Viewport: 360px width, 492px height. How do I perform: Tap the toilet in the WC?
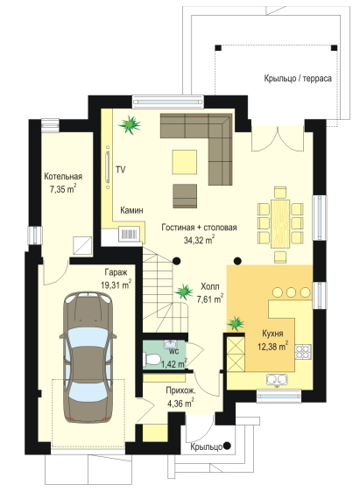point(152,359)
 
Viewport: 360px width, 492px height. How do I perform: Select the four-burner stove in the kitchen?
point(303,352)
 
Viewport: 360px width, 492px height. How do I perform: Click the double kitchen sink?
point(277,379)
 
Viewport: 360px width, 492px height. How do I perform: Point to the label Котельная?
point(63,176)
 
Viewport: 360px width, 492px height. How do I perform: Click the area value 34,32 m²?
point(200,240)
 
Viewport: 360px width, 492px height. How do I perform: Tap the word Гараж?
point(116,272)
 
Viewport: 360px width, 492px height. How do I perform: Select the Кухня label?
point(272,334)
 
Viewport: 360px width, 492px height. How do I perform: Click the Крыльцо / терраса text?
point(298,78)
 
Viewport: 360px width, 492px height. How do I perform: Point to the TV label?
point(121,170)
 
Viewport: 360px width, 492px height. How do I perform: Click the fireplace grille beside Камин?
point(130,234)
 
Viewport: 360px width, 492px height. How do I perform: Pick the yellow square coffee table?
point(185,162)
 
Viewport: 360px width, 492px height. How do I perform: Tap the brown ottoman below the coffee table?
point(185,196)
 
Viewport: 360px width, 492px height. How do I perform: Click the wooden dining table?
point(280,224)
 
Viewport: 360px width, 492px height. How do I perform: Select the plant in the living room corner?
point(130,124)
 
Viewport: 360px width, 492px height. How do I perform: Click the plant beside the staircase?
point(184,292)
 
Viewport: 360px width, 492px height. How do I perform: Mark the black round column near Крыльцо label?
point(227,446)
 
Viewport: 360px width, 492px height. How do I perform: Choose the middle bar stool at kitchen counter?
point(292,292)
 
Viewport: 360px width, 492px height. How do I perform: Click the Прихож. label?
point(180,391)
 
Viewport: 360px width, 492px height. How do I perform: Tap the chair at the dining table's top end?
point(280,192)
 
